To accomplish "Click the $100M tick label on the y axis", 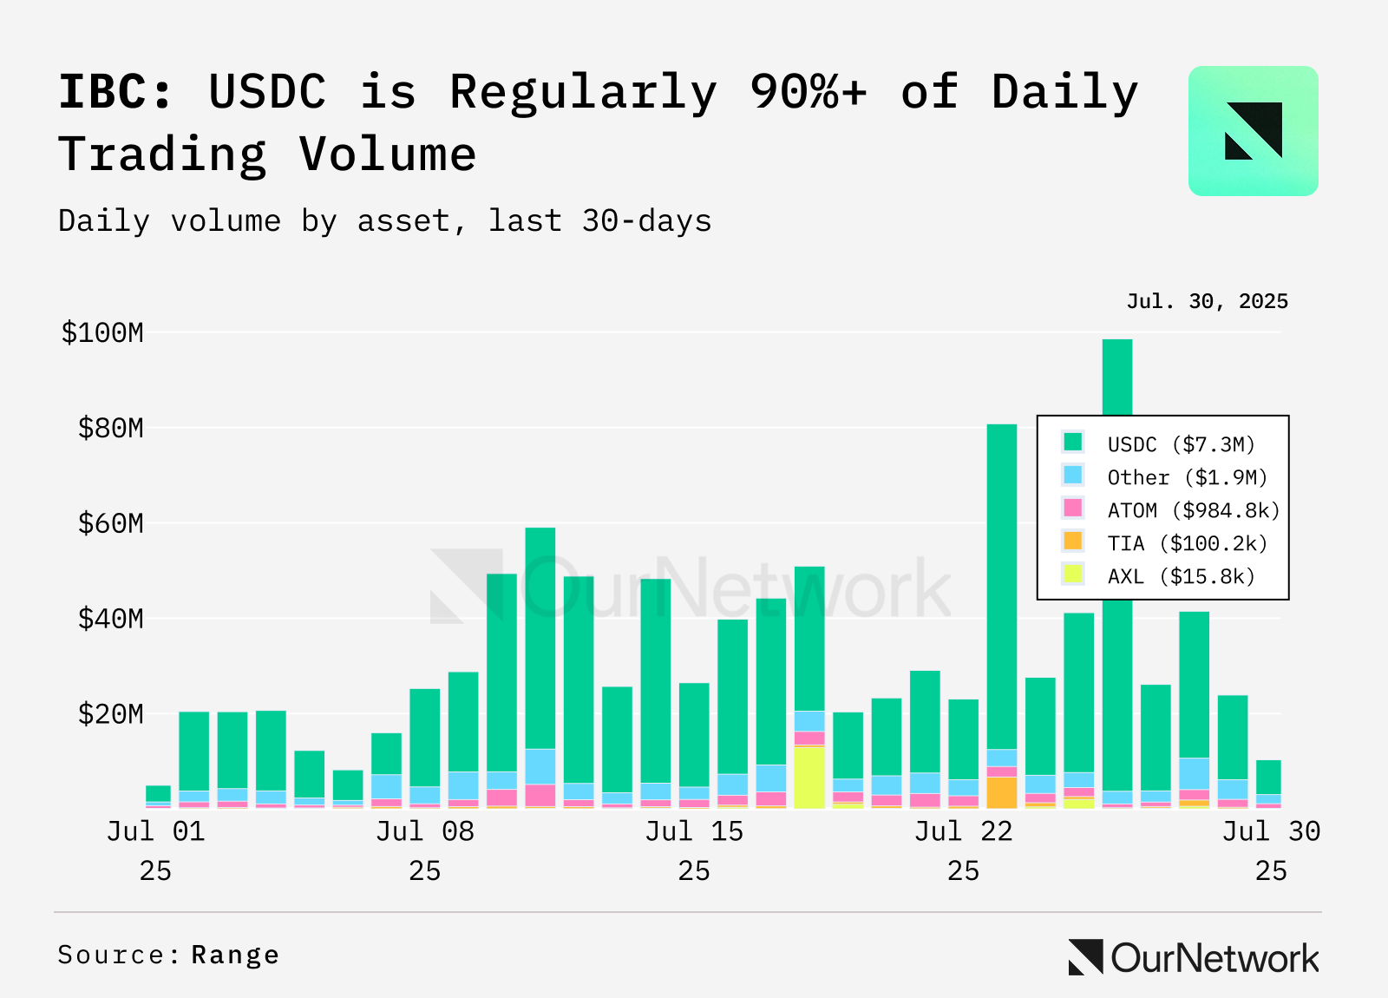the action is (102, 333).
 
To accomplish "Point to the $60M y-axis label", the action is (110, 524).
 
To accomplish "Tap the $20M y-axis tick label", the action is (110, 715).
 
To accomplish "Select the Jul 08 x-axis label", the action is (425, 851).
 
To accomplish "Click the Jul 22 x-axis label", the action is (964, 851).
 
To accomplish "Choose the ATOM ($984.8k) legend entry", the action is (1170, 509).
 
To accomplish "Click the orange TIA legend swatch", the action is (1072, 542).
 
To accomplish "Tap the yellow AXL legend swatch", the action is (1072, 574).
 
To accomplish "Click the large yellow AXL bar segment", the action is (809, 778).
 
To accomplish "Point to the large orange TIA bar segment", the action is (1002, 793).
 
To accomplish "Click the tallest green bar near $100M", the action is (1117, 378).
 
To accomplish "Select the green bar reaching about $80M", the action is (1002, 587).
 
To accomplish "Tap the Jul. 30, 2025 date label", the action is (1207, 301).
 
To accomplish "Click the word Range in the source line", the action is (235, 955).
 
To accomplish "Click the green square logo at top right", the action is (1253, 131).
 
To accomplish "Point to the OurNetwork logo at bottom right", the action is (1194, 958).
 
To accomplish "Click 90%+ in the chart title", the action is (808, 92).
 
